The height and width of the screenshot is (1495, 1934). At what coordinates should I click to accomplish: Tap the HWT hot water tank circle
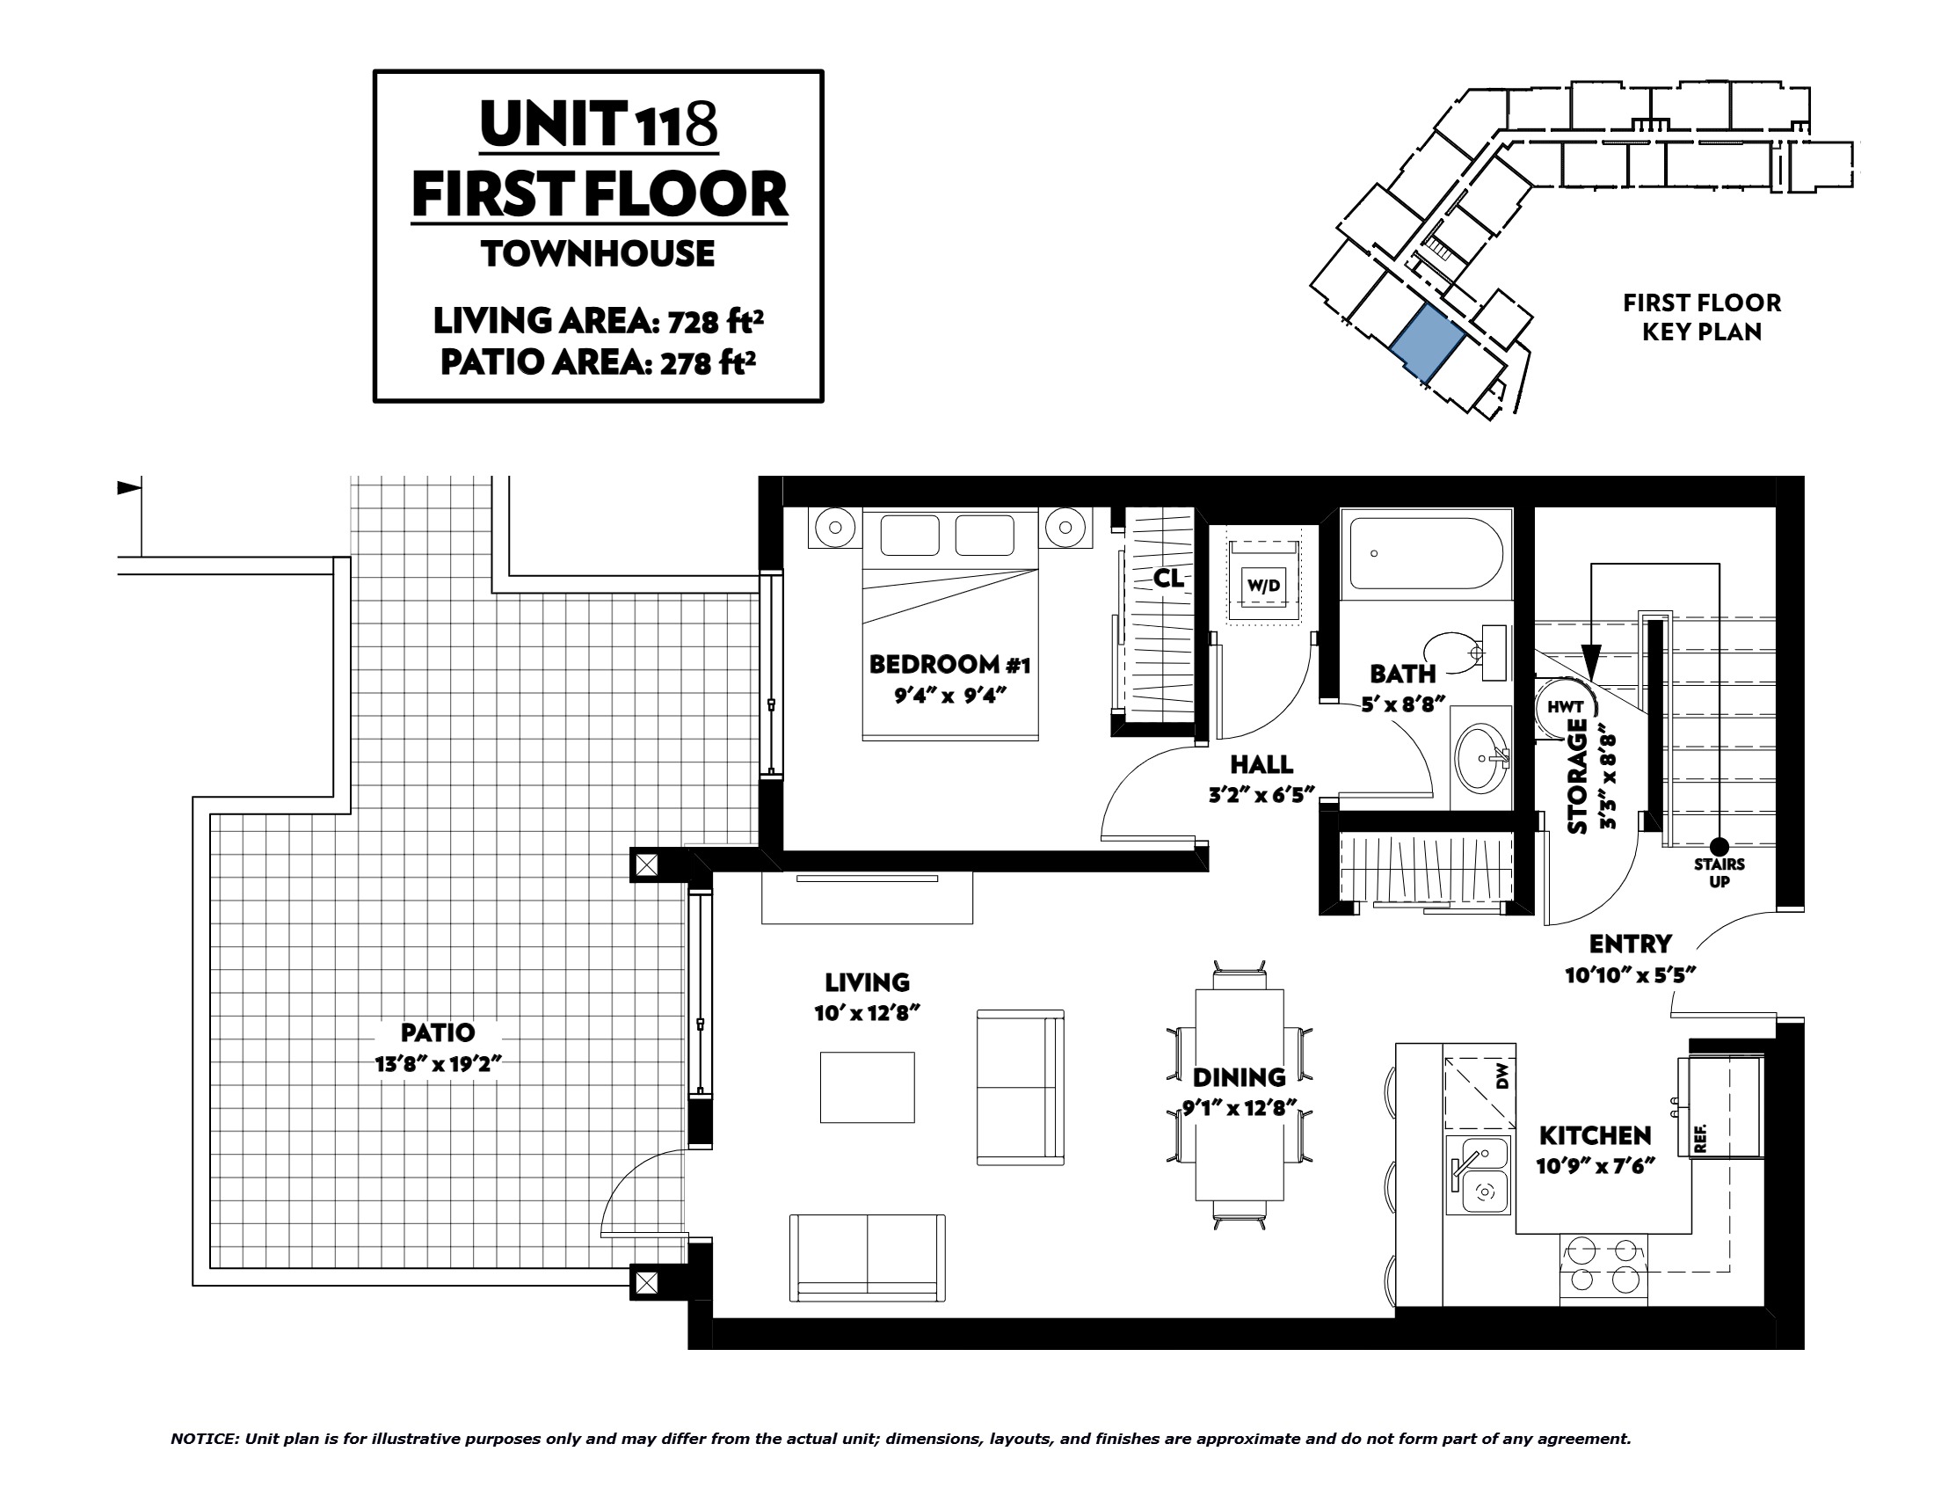[1565, 707]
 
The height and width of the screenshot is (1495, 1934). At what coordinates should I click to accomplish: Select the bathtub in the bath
[1427, 554]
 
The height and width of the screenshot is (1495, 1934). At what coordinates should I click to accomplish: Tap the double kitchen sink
[1479, 1174]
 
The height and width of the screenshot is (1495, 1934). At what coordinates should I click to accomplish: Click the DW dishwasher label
[1501, 1078]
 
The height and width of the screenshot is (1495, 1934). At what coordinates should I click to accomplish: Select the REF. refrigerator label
[1699, 1138]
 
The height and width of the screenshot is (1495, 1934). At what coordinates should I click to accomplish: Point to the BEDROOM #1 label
[949, 664]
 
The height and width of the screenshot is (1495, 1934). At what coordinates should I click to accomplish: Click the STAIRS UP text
[1719, 872]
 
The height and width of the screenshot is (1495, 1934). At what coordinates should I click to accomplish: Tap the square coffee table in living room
[867, 1088]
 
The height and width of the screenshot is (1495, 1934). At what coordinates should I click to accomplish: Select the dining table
[1240, 1095]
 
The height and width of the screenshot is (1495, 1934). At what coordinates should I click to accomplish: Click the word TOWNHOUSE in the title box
[599, 254]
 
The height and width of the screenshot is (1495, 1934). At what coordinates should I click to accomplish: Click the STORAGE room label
[1577, 777]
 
